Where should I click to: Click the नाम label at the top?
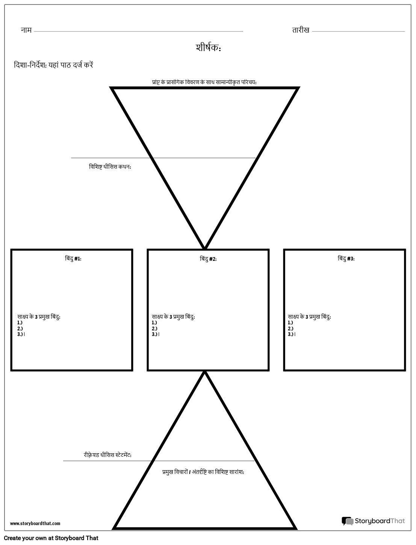pos(26,30)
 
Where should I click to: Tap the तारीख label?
pos(301,30)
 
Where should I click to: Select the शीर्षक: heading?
pos(208,47)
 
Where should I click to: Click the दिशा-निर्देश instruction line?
pos(53,65)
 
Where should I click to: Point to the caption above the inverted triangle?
pos(204,82)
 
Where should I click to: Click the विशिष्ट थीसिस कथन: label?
pos(110,167)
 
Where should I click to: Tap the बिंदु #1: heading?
pos(73,259)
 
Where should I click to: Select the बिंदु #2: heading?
pos(208,259)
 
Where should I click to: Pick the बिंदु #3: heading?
pos(346,259)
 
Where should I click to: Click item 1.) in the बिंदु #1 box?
pos(20,322)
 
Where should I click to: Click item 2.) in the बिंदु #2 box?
pos(154,329)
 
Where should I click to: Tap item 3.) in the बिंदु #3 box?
pos(291,334)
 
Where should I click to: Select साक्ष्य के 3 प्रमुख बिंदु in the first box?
pos(39,317)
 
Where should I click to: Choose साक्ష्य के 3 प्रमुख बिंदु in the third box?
pos(309,317)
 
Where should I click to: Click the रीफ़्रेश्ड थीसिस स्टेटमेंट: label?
pos(107,455)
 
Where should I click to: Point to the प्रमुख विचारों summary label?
pos(203,472)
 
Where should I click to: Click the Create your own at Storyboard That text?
pos(51,538)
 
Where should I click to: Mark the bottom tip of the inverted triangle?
pos(205,248)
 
